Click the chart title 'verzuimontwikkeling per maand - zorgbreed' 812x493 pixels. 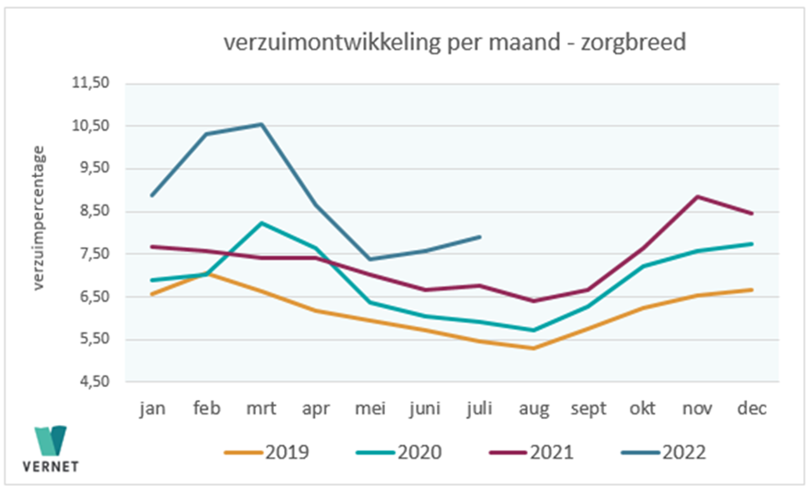pyautogui.click(x=454, y=43)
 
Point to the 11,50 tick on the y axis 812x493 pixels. pyautogui.click(x=93, y=83)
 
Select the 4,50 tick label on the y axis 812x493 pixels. pyautogui.click(x=93, y=382)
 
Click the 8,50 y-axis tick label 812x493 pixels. pyautogui.click(x=93, y=211)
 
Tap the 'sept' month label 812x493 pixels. pyautogui.click(x=588, y=409)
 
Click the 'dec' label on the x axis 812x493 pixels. pyautogui.click(x=752, y=409)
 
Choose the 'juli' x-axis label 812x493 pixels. pyautogui.click(x=479, y=409)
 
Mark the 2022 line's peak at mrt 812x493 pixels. pyautogui.click(x=261, y=124)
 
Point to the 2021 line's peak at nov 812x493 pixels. pyautogui.click(x=697, y=197)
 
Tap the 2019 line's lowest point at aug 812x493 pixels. pyautogui.click(x=534, y=348)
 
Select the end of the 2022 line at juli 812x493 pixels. pyautogui.click(x=480, y=237)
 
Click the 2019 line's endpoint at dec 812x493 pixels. pyautogui.click(x=752, y=290)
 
